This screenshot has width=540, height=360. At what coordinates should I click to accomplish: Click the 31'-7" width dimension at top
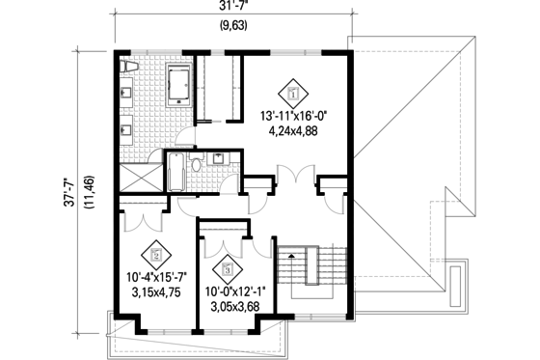click(x=229, y=9)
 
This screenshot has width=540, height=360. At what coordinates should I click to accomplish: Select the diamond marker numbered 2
click(x=153, y=257)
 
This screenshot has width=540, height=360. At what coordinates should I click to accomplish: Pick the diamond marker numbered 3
click(x=229, y=268)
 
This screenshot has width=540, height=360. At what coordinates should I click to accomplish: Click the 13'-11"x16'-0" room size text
click(x=295, y=117)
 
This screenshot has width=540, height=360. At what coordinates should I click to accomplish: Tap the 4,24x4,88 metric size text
click(x=295, y=132)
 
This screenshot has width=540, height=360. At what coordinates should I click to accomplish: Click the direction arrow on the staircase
click(x=287, y=254)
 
